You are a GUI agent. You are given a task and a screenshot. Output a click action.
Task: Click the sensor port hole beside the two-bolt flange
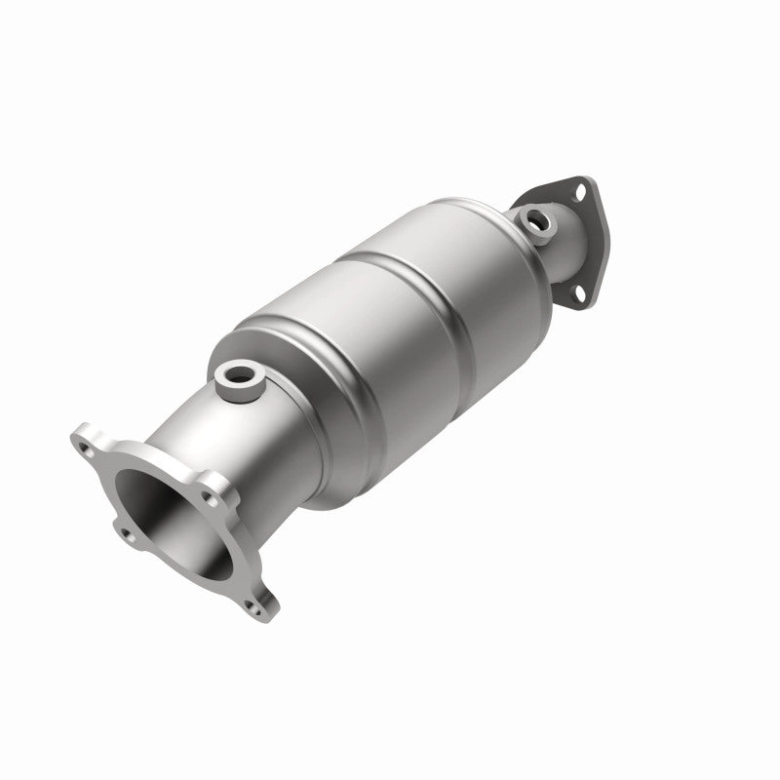pyautogui.click(x=534, y=220)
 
